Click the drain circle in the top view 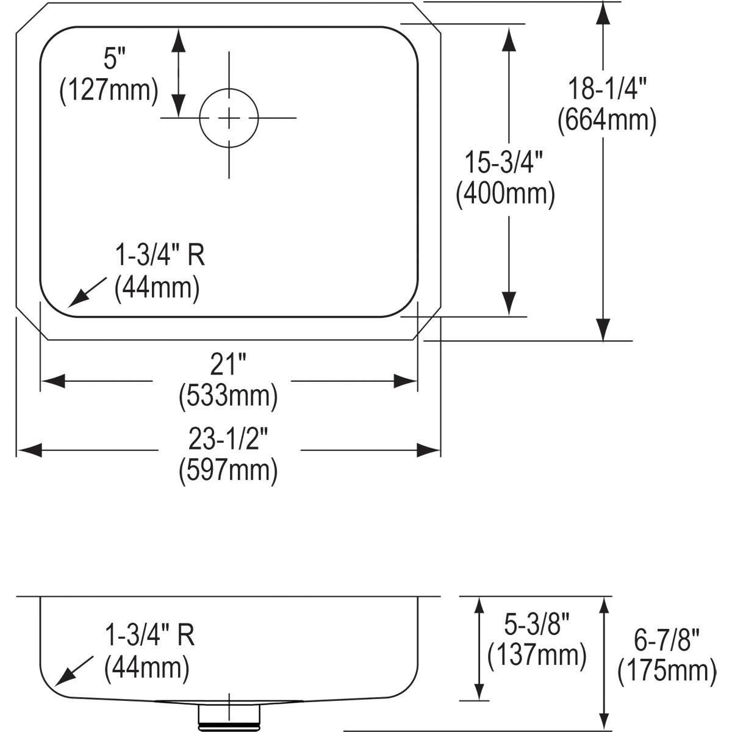click(x=229, y=118)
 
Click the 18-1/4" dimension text click(x=606, y=89)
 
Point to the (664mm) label click(x=606, y=120)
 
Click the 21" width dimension click(x=228, y=365)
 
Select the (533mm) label click(x=228, y=396)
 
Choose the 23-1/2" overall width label click(x=228, y=439)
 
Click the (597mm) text click(x=228, y=470)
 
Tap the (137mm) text click(x=537, y=655)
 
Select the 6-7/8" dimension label click(x=666, y=640)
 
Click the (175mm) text click(x=666, y=671)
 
